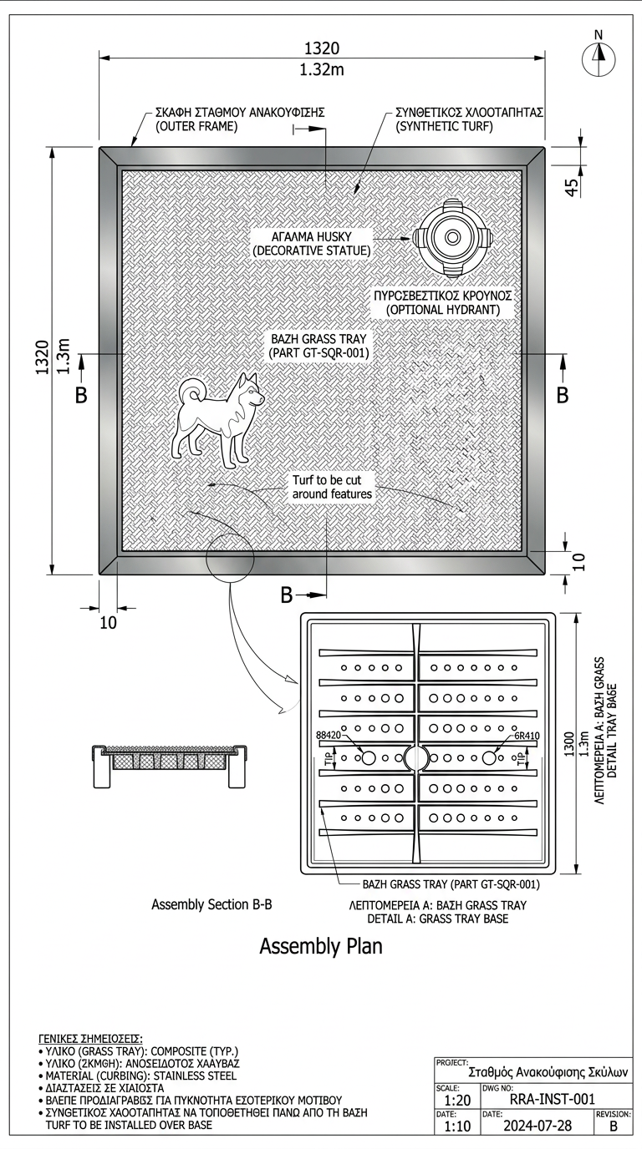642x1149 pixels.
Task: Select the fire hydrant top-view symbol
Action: pos(452,237)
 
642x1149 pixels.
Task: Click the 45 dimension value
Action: pos(573,186)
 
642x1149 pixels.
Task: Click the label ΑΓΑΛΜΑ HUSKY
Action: pos(313,237)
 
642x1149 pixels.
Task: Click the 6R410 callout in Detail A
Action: pos(527,736)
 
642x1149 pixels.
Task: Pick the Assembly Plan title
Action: pos(321,946)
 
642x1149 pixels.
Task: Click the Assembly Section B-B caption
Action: pos(212,904)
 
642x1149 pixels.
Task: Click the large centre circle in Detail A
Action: pos(416,758)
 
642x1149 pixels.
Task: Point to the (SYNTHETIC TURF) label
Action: pos(444,126)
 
